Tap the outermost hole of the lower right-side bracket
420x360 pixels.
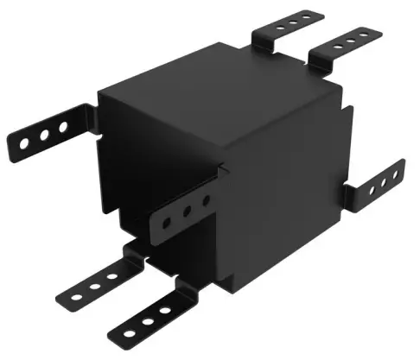pos(394,173)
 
